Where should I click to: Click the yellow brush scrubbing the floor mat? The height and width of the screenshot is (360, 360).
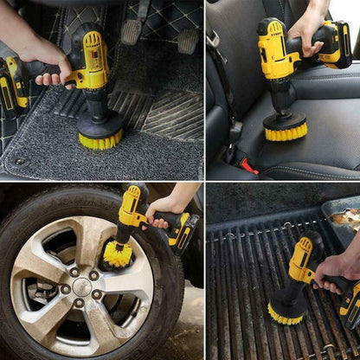[x=100, y=138]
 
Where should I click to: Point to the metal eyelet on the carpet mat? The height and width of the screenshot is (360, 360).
[x=19, y=161]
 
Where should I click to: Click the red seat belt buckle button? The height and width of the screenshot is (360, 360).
[x=248, y=165]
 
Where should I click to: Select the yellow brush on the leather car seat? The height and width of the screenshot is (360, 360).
[x=285, y=130]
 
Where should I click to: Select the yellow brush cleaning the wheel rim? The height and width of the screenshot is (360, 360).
[x=117, y=254]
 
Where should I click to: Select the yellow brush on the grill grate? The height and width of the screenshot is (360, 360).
[x=286, y=312]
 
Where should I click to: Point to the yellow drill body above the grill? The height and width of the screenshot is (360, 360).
[x=302, y=260]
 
